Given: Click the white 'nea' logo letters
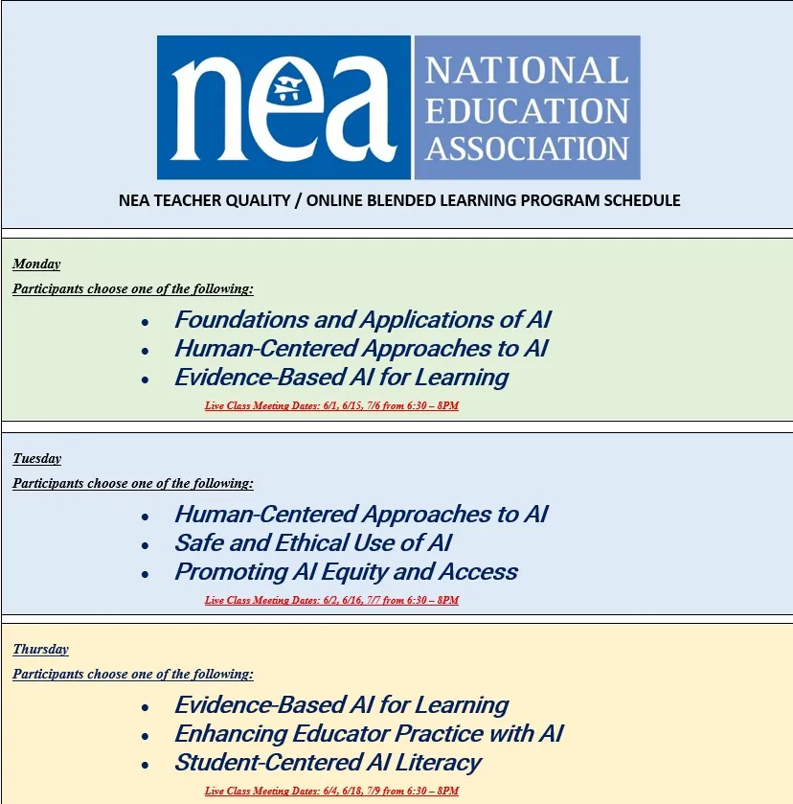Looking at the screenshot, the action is [284, 107].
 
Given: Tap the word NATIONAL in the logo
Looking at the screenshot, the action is [527, 71].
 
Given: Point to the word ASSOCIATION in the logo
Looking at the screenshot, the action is [527, 149].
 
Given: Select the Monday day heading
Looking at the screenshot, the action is [36, 264].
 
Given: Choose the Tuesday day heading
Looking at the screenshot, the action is [36, 459].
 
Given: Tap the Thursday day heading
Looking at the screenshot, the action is [40, 650].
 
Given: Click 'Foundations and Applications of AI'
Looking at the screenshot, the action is [362, 320].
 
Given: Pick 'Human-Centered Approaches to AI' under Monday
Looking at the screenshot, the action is [360, 349].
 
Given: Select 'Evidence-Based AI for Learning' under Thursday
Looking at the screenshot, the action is [341, 705].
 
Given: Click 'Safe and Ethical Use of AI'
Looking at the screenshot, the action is [312, 543].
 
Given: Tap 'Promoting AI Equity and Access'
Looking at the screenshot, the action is [346, 572].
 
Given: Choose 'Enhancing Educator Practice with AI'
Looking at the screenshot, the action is [368, 734].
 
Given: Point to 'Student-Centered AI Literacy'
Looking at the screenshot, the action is [327, 763].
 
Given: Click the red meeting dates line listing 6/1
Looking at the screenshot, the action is [331, 406].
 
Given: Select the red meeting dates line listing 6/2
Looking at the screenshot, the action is [331, 601].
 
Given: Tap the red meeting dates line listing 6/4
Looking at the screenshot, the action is [331, 792].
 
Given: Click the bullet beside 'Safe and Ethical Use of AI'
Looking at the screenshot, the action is [145, 545].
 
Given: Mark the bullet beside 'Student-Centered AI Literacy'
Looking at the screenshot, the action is [145, 765].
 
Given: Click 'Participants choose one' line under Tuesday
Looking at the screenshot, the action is [132, 484].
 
